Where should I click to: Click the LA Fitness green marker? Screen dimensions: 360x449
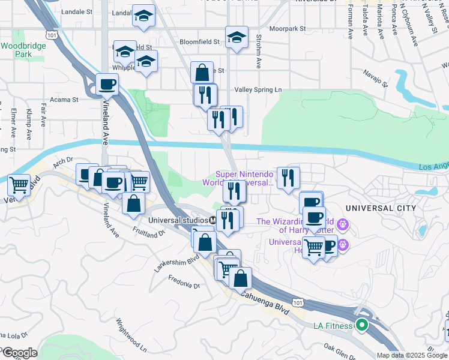pos(362,326)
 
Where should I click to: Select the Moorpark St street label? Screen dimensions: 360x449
pos(288,28)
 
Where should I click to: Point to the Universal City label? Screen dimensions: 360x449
pos(381,208)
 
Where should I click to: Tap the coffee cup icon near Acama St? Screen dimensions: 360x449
pos(107,84)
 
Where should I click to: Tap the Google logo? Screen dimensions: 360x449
pos(19,353)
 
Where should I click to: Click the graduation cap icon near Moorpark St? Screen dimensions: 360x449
pos(237,37)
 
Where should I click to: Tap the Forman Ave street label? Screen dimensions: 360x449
pos(350,18)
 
